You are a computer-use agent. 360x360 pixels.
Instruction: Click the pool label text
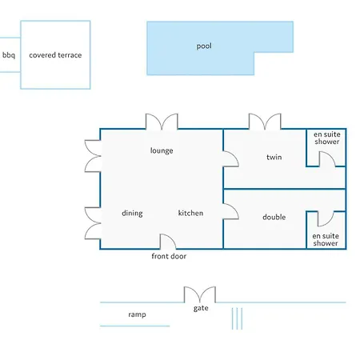pyautogui.click(x=204, y=46)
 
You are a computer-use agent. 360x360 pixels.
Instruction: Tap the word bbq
pyautogui.click(x=9, y=55)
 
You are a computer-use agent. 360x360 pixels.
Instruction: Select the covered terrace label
pyautogui.click(x=55, y=55)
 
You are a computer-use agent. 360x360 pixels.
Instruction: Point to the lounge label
pyautogui.click(x=162, y=150)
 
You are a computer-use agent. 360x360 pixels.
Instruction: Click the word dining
pyautogui.click(x=132, y=213)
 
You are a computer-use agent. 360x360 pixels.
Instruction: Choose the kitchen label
pyautogui.click(x=190, y=213)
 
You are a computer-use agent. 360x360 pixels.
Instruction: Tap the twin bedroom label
pyautogui.click(x=274, y=157)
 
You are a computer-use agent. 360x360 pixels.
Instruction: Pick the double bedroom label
pyautogui.click(x=274, y=217)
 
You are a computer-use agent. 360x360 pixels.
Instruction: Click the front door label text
pyautogui.click(x=169, y=256)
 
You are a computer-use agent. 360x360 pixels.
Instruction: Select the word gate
pyautogui.click(x=201, y=308)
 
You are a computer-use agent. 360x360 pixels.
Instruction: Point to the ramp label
pyautogui.click(x=137, y=314)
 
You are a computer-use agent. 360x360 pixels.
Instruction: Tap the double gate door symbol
pyautogui.click(x=200, y=294)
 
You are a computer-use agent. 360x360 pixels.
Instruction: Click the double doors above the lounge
pyautogui.click(x=162, y=122)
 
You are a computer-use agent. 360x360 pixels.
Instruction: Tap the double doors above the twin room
pyautogui.click(x=265, y=122)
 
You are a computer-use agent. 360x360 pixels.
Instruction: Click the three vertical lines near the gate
pyautogui.click(x=237, y=318)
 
